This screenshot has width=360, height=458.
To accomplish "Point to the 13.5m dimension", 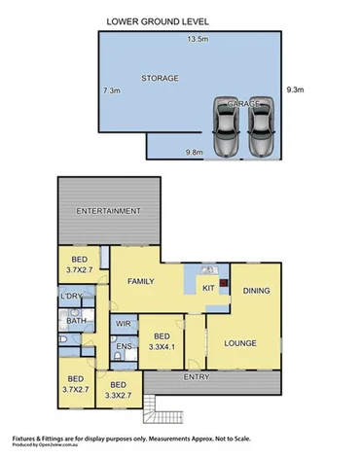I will coord(199,40).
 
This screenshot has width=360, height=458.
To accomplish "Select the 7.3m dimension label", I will coord(111,90).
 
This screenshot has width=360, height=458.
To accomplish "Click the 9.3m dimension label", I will coord(296,90).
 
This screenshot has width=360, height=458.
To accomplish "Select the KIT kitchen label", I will coord(206,289).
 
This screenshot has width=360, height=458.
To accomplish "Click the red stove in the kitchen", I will coord(224,286).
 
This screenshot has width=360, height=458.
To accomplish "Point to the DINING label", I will coord(256,290).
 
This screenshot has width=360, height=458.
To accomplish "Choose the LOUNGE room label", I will coord(241,342).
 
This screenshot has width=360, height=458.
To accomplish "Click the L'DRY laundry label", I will coord(70,296).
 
